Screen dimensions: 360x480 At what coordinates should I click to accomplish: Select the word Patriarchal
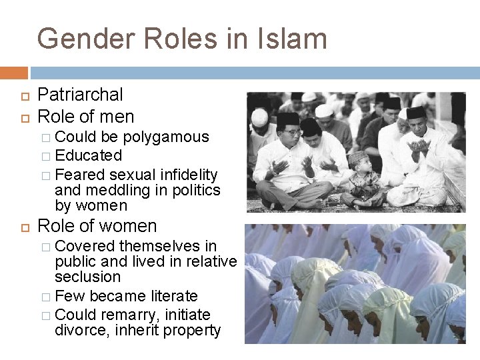pyautogui.click(x=81, y=95)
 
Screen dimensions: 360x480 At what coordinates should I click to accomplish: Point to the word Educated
pyautogui.click(x=89, y=156)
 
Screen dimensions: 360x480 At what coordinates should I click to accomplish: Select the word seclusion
pyautogui.click(x=88, y=277)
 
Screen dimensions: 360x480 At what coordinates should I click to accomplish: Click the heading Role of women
pyautogui.click(x=97, y=226)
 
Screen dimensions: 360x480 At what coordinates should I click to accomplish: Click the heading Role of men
pyautogui.click(x=86, y=117)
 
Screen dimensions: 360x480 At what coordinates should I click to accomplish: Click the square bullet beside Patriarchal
pyautogui.click(x=21, y=96)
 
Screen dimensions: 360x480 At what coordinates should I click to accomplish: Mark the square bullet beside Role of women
pyautogui.click(x=21, y=227)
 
